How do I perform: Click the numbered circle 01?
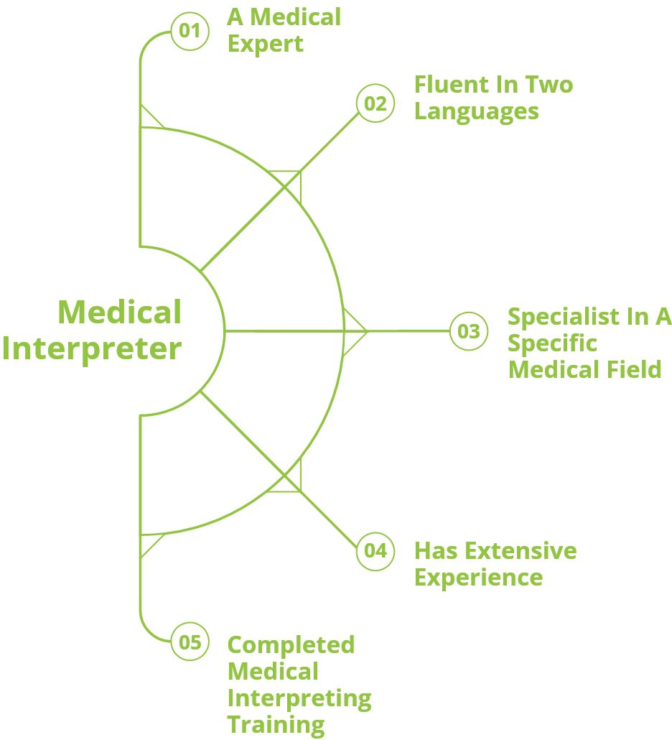190,32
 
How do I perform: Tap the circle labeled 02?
375,103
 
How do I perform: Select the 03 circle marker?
468,331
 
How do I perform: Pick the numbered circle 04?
375,551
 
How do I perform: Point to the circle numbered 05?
190,642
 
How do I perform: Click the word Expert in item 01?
266,44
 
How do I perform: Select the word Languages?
477,111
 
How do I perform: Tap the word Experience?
478,577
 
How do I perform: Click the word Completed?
291,644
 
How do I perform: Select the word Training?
276,723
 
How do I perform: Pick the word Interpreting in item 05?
299,698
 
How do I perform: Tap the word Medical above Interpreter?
119,312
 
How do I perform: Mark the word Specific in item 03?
552,343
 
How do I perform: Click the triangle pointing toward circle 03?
355,331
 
